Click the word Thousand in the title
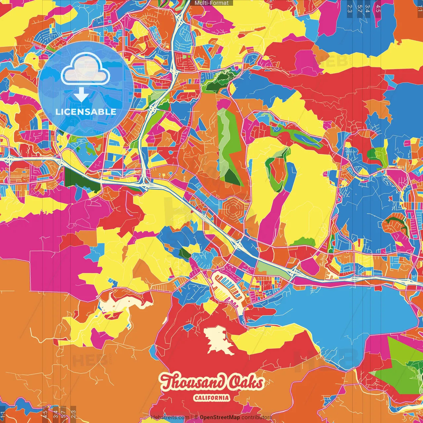tap(189, 382)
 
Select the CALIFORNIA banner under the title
tap(211, 398)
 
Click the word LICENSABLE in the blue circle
tap(86, 112)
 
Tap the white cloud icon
tap(85, 69)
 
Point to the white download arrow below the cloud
tap(81, 95)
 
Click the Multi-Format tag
tap(211, 3)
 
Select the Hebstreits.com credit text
tap(170, 417)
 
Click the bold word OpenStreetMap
tap(219, 417)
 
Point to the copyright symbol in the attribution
tap(196, 417)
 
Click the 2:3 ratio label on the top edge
tap(350, 8)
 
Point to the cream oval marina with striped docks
tap(228, 288)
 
